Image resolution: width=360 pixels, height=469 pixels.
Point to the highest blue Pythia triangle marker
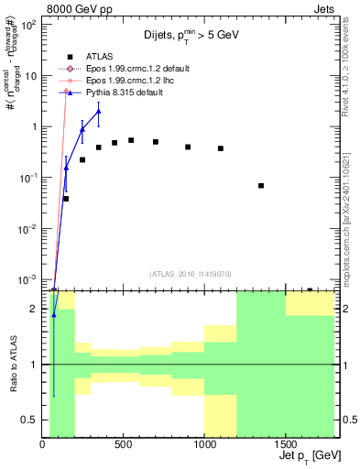[x=99, y=111]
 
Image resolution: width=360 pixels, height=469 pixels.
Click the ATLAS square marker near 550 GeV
[x=131, y=140]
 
